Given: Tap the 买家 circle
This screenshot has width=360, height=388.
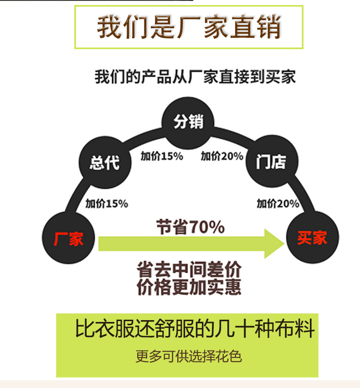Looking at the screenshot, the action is coord(312,238).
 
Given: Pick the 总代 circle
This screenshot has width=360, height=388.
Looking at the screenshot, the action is coord(104,162).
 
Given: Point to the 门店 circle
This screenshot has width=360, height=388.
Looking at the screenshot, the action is coord(272,162).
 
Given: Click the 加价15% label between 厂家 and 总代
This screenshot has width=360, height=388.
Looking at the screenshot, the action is coord(107,204).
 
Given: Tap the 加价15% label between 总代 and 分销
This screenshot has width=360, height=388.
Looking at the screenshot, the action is coord(162,156).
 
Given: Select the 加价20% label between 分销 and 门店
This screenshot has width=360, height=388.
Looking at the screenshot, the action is coord(222,156).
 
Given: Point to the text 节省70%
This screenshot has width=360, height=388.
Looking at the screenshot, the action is coord(190,227).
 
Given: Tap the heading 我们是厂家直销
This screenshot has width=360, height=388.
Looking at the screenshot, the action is coord(189,27).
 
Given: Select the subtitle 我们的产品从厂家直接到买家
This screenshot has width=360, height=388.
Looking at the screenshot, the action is coord(195,77).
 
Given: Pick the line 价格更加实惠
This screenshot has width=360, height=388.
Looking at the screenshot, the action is coord(189,287).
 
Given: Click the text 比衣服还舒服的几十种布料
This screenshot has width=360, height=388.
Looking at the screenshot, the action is coord(195,329).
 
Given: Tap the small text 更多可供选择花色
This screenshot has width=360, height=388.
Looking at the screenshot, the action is coord(188,356).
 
